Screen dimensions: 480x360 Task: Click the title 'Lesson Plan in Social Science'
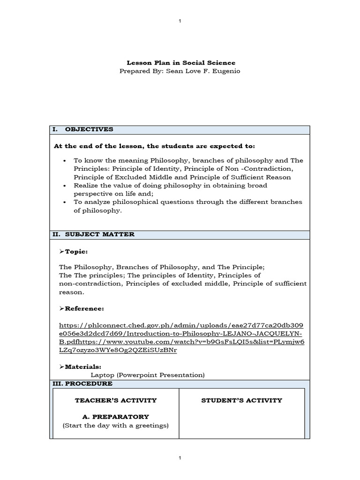[x=181, y=62]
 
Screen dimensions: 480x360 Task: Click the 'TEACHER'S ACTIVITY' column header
[x=115, y=400]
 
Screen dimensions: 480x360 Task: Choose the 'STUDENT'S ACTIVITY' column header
[x=241, y=400]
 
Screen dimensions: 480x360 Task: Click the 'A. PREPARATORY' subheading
[x=115, y=417]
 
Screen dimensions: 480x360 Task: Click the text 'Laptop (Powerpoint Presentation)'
[x=148, y=375]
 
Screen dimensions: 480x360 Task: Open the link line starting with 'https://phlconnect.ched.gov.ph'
[x=181, y=325]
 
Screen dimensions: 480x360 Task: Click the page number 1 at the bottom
[x=180, y=457]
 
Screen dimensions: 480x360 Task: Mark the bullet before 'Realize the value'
[x=64, y=186]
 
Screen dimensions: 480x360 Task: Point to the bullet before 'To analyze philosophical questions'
[x=64, y=202]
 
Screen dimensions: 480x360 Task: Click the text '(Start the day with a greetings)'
[x=115, y=425]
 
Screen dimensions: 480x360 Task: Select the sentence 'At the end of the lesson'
[x=155, y=146]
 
